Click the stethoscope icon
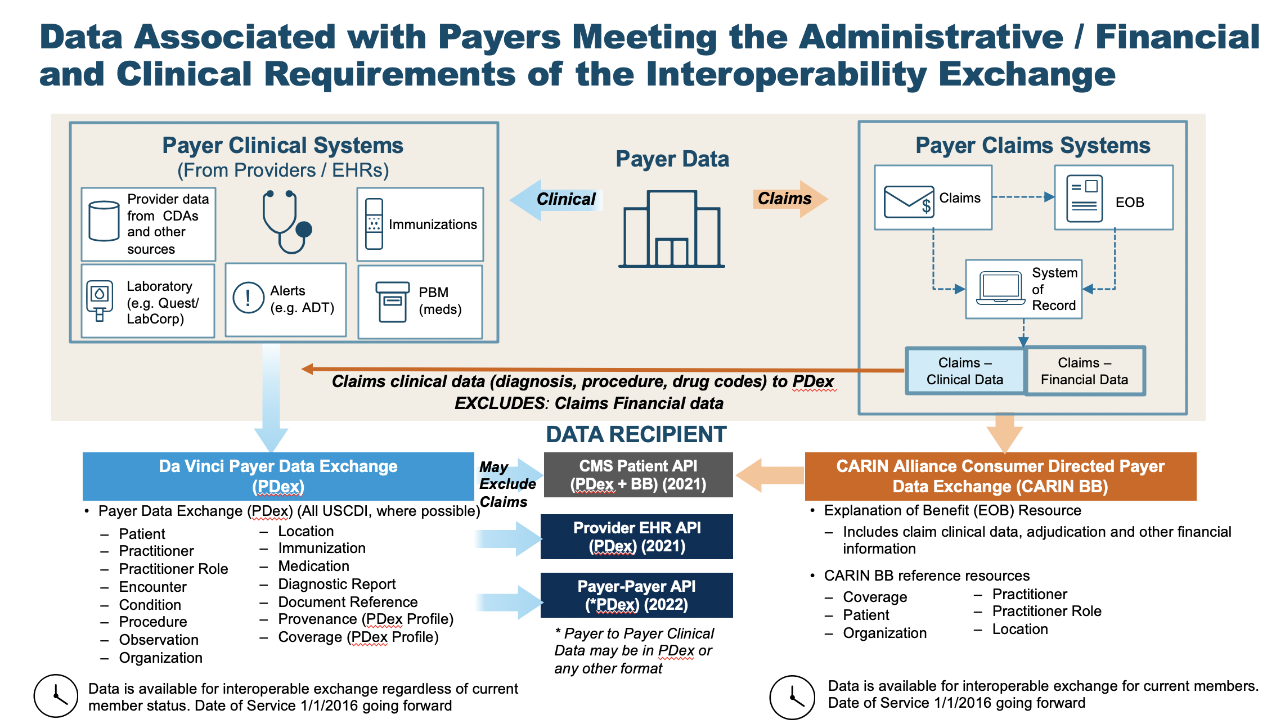click(x=286, y=222)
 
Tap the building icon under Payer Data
click(x=672, y=229)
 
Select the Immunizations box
click(x=420, y=224)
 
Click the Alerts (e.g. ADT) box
click(x=286, y=299)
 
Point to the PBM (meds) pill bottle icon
click(x=392, y=302)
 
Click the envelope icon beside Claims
click(x=908, y=201)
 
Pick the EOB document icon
click(x=1084, y=199)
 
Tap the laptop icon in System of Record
click(x=1000, y=288)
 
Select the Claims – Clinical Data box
click(x=964, y=371)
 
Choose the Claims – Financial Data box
click(x=1084, y=371)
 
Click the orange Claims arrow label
click(x=785, y=199)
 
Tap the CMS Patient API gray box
click(x=638, y=475)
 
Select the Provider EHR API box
click(x=637, y=537)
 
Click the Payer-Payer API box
click(x=637, y=595)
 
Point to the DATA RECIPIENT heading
click(x=636, y=434)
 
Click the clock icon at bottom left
click(x=56, y=696)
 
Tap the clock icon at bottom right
click(x=792, y=698)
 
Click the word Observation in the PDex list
click(x=159, y=640)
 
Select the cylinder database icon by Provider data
click(x=104, y=221)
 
